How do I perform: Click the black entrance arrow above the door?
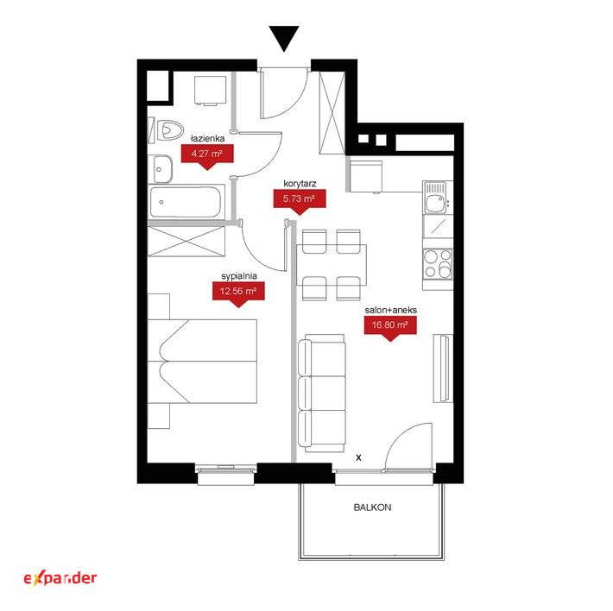[x=284, y=38]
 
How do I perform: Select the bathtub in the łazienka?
[x=186, y=202]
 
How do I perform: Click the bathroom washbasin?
[x=162, y=169]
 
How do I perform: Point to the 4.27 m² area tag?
[x=207, y=155]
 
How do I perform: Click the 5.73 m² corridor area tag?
[x=299, y=201]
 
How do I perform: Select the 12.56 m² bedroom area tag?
[x=238, y=293]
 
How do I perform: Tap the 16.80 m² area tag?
[x=389, y=327]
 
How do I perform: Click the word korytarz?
[x=300, y=183]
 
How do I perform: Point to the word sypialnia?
[x=239, y=276]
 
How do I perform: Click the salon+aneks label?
[x=390, y=310]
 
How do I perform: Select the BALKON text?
[x=372, y=507]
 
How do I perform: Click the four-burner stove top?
[x=438, y=264]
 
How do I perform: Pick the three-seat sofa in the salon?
[x=322, y=393]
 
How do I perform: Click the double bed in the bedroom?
[x=202, y=361]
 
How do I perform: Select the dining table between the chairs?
[x=332, y=265]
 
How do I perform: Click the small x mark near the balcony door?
[x=358, y=457]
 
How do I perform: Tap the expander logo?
[x=60, y=578]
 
